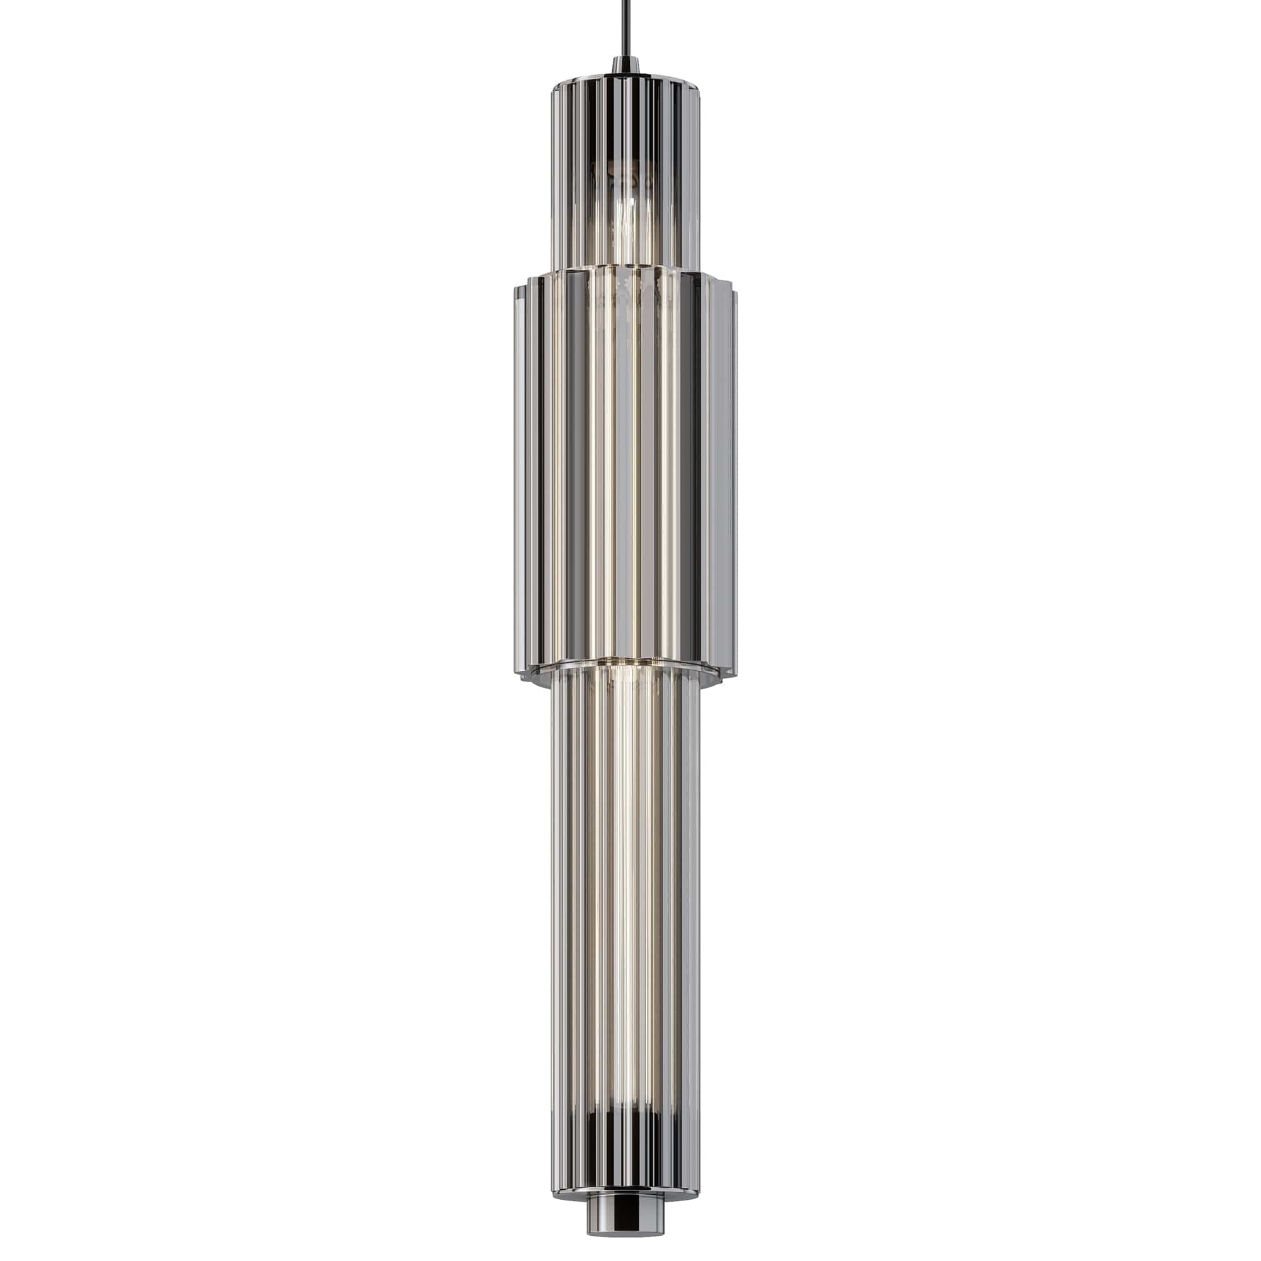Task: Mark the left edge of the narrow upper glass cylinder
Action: pyautogui.click(x=555, y=177)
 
